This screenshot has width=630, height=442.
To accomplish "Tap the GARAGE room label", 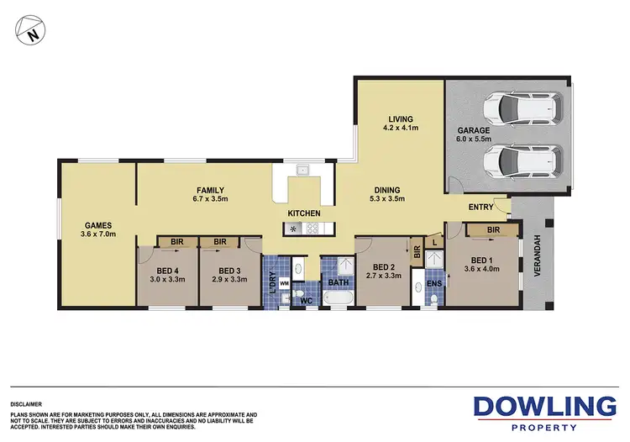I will coord(473,131).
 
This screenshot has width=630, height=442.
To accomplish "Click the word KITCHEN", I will coord(304,214).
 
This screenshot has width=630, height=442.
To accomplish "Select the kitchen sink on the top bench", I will coord(303,171).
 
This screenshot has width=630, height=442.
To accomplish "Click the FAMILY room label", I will coord(210,190).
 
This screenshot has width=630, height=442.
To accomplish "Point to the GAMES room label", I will coord(97,225).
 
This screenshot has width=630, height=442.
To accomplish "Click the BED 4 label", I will coord(166,270).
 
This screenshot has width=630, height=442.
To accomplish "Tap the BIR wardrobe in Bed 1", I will coord(493,229).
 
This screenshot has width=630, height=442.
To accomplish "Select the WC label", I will coord(307,300).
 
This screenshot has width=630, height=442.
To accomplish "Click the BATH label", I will coord(338,283).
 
